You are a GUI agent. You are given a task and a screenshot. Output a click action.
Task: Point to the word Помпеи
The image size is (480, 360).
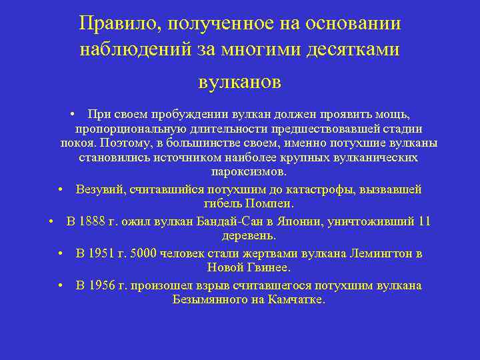tap(271, 204)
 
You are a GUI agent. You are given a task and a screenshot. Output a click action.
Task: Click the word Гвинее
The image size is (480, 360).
tap(269, 267)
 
